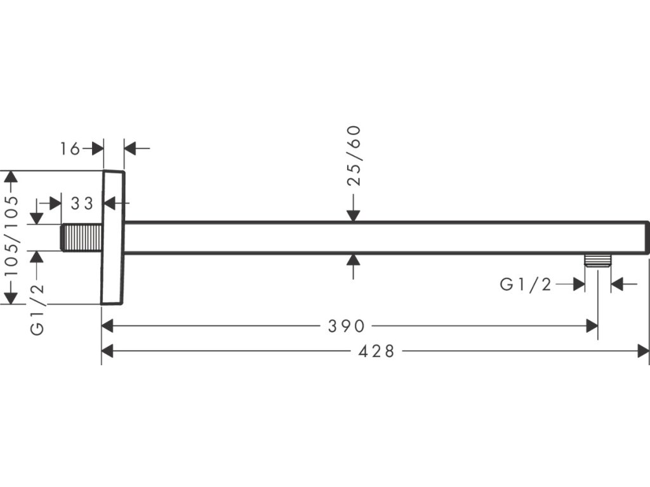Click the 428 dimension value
point(376,351)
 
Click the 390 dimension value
point(346,326)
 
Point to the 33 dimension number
point(82,204)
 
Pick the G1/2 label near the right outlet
point(526,284)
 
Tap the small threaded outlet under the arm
point(597,261)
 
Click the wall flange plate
point(114,237)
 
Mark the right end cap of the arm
point(647,238)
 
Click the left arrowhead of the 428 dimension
point(107,351)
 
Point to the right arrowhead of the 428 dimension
point(644,351)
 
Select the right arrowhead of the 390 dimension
point(592,326)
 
